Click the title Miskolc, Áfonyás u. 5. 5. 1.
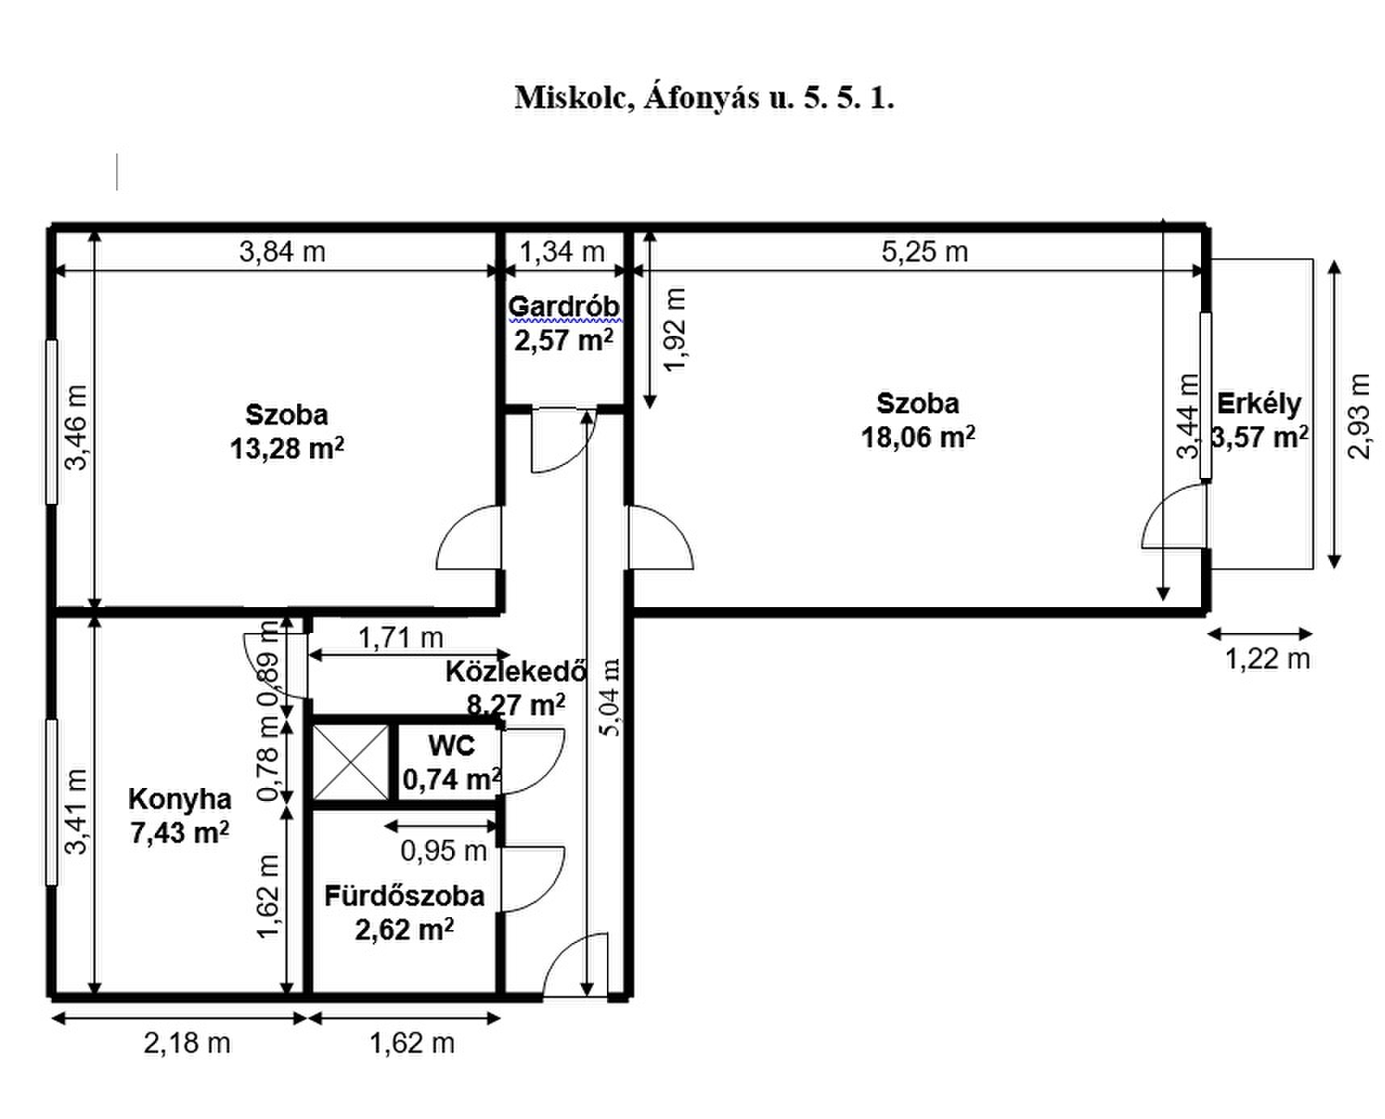click(x=705, y=98)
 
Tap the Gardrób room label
click(x=564, y=307)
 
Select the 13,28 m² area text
click(x=287, y=448)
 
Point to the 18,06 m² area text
click(x=918, y=437)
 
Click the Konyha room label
click(x=179, y=798)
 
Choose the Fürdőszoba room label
click(x=404, y=895)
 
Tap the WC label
click(x=451, y=745)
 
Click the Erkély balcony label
click(x=1259, y=403)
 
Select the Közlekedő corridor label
click(x=516, y=672)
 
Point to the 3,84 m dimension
click(x=282, y=252)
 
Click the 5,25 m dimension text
click(x=925, y=252)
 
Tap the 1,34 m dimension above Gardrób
click(x=562, y=252)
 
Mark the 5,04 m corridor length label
click(x=611, y=697)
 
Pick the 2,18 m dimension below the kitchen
click(x=187, y=1043)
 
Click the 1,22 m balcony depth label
click(x=1267, y=660)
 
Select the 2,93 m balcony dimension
click(x=1359, y=416)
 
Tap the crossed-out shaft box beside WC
click(x=350, y=762)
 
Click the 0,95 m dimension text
click(x=444, y=850)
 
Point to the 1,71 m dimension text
click(x=400, y=638)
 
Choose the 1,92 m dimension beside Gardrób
click(x=675, y=329)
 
